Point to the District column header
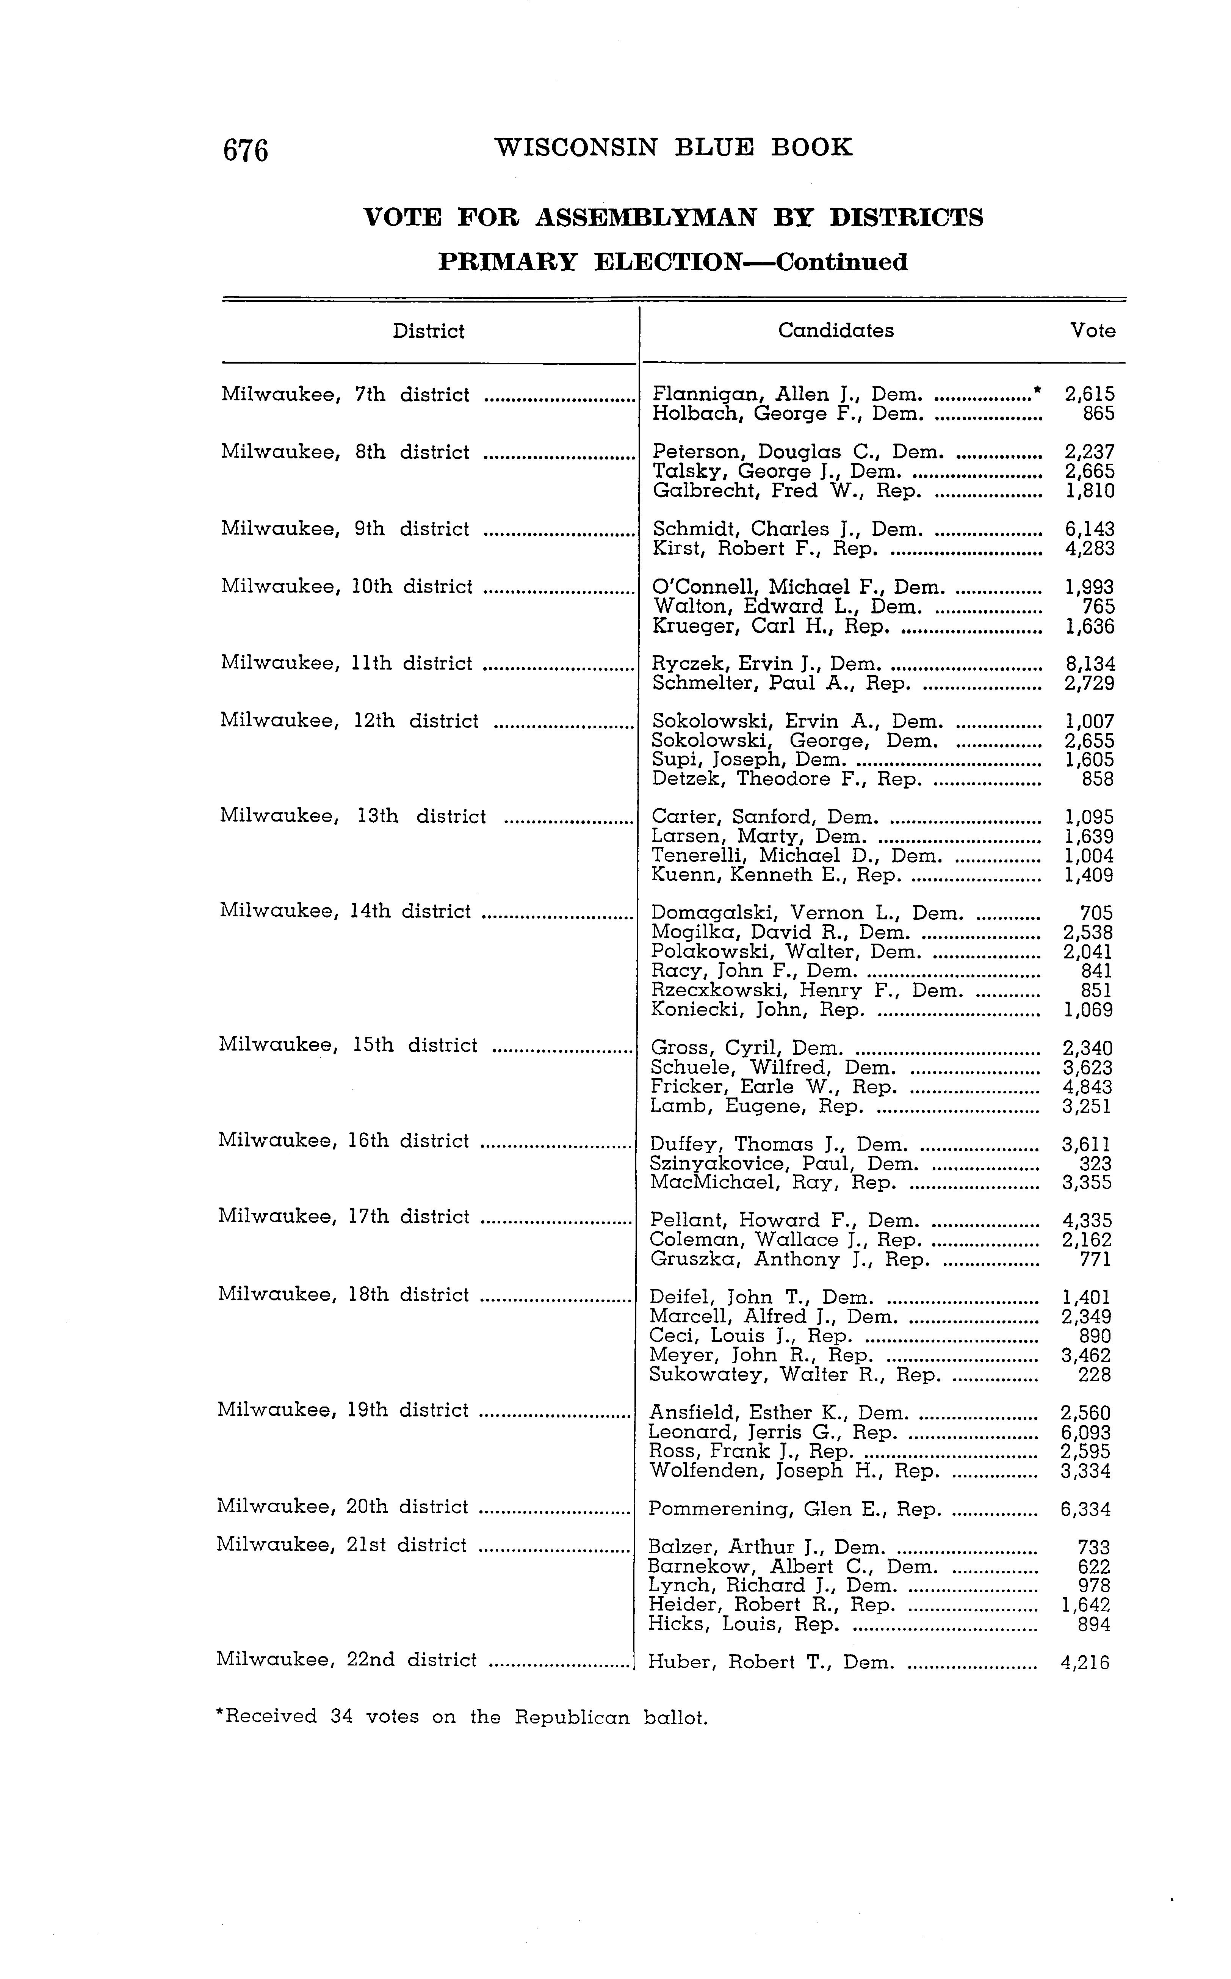428,331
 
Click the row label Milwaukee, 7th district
345,395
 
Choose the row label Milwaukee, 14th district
345,911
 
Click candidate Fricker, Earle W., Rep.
774,1087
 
